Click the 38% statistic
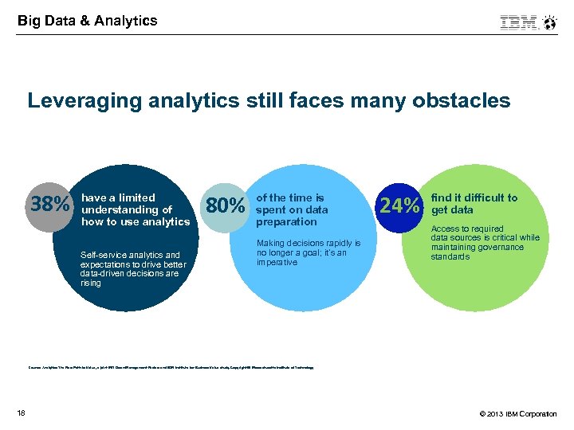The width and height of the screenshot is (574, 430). coord(49,205)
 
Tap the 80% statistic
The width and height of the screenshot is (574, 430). coord(225,206)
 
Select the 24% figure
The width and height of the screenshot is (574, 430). coord(399,206)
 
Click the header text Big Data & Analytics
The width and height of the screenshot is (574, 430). coord(88,21)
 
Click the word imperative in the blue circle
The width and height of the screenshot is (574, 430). coord(277,263)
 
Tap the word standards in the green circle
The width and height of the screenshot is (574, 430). coord(450,256)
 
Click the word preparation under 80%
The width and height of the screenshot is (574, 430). coord(286,222)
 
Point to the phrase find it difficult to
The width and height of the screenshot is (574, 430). coord(474,197)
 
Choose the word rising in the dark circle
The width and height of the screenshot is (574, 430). coord(91,283)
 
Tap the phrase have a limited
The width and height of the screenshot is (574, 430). coord(118,197)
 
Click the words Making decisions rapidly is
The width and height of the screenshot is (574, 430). coord(309,243)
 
